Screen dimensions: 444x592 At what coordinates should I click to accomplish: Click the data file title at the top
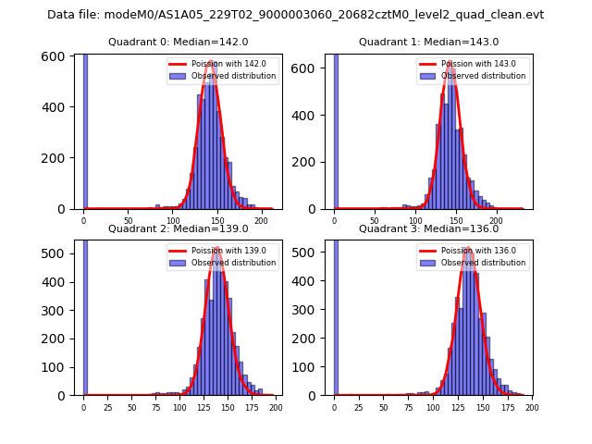pos(295,15)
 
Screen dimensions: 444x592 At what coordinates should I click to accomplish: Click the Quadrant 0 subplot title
pos(178,42)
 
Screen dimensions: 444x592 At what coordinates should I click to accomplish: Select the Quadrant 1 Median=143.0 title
pos(428,42)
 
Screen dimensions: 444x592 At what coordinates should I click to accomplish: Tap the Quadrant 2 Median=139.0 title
pos(178,228)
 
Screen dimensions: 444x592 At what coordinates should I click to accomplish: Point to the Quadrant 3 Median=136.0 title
pos(428,228)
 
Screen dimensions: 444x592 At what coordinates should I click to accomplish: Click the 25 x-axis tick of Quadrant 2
pos(107,407)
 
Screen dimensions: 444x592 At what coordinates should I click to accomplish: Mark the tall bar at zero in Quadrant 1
pos(335,129)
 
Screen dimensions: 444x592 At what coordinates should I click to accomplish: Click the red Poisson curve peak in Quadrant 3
pos(468,248)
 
